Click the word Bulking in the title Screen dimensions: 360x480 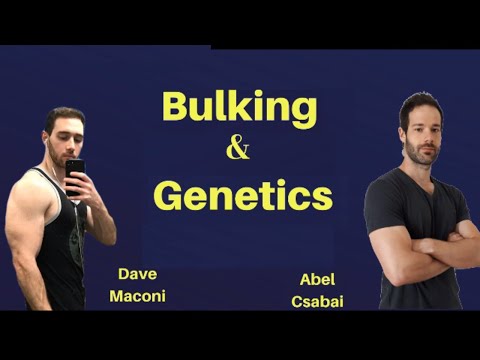coord(239,107)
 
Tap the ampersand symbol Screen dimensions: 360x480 coord(239,151)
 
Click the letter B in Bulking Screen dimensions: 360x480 coord(177,107)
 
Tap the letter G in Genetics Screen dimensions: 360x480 coord(172,194)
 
